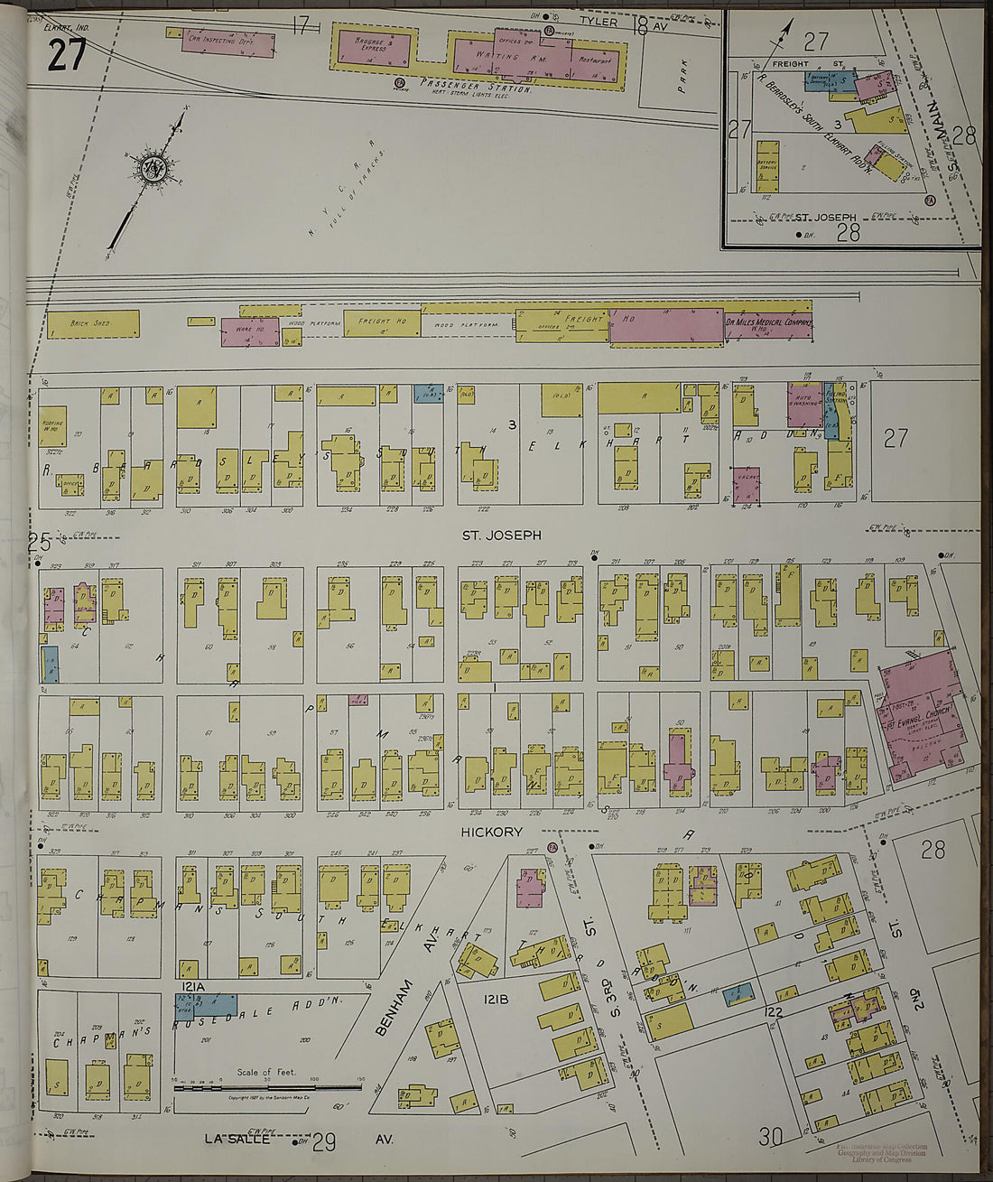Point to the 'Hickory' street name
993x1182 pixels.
[x=493, y=832]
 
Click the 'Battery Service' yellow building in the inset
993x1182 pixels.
[x=768, y=160]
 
